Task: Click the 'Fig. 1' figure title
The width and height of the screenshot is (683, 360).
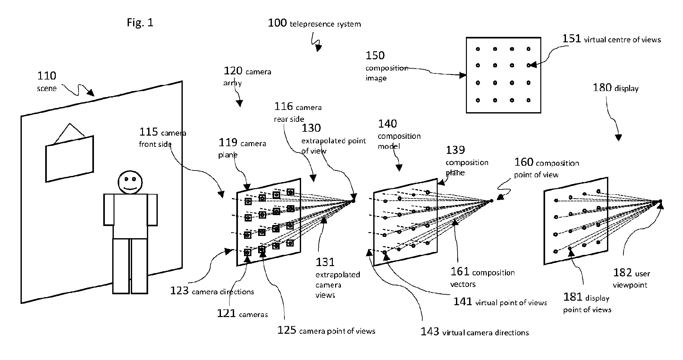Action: pos(140,23)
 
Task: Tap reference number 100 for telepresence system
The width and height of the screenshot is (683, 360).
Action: pos(277,23)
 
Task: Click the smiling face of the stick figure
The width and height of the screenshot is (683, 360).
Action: pos(130,182)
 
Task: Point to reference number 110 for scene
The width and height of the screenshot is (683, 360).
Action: pos(47,76)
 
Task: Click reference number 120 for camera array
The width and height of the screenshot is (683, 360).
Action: pos(233,71)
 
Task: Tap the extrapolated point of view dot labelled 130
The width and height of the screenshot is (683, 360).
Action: pos(353,201)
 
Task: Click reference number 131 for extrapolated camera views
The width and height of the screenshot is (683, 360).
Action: pos(325,262)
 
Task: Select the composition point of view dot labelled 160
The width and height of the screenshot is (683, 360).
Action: pos(491,201)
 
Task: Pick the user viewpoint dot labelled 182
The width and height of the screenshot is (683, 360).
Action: pos(660,201)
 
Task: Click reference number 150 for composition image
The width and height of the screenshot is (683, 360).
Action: pos(375,55)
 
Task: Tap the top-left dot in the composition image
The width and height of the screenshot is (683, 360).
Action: pos(478,49)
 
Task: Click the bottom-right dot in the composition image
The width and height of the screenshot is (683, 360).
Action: pos(528,100)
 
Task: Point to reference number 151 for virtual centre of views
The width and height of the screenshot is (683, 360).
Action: pos(572,39)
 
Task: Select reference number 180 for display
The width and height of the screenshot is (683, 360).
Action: pos(602,88)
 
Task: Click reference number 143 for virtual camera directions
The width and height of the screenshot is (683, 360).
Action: pos(430,331)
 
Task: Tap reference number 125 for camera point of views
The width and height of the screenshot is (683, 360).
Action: pos(287,330)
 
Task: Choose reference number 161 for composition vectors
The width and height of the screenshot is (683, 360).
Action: pos(460,272)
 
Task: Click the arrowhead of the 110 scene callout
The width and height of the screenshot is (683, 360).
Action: pos(91,93)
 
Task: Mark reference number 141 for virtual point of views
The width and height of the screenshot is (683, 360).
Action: pos(463,301)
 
